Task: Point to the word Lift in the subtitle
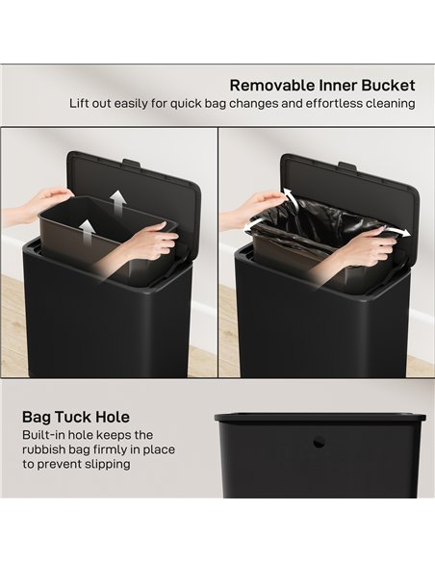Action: tap(81, 103)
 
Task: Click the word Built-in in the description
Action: tap(45, 435)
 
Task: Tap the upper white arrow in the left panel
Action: tap(116, 199)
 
